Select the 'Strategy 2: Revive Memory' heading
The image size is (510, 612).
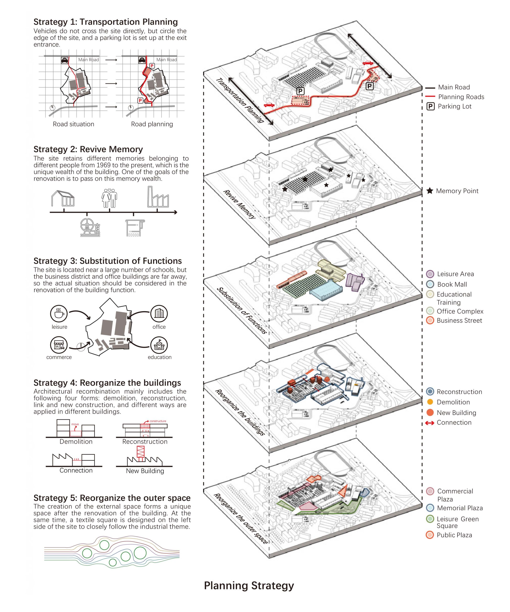88,149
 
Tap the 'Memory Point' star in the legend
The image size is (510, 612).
429,191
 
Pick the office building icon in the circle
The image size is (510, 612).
159,314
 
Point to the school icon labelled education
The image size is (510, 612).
159,345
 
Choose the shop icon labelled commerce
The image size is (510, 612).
59,345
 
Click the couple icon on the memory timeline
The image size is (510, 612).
109,198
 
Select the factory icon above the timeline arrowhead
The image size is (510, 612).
158,197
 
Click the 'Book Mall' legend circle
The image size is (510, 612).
430,284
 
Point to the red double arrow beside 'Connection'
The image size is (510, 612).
429,423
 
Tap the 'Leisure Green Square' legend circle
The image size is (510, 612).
430,519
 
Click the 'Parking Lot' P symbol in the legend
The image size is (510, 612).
430,106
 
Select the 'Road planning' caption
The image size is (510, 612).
152,124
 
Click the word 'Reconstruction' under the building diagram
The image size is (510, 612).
145,442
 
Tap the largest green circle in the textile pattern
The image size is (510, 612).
140,552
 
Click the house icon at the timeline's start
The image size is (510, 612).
63,198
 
